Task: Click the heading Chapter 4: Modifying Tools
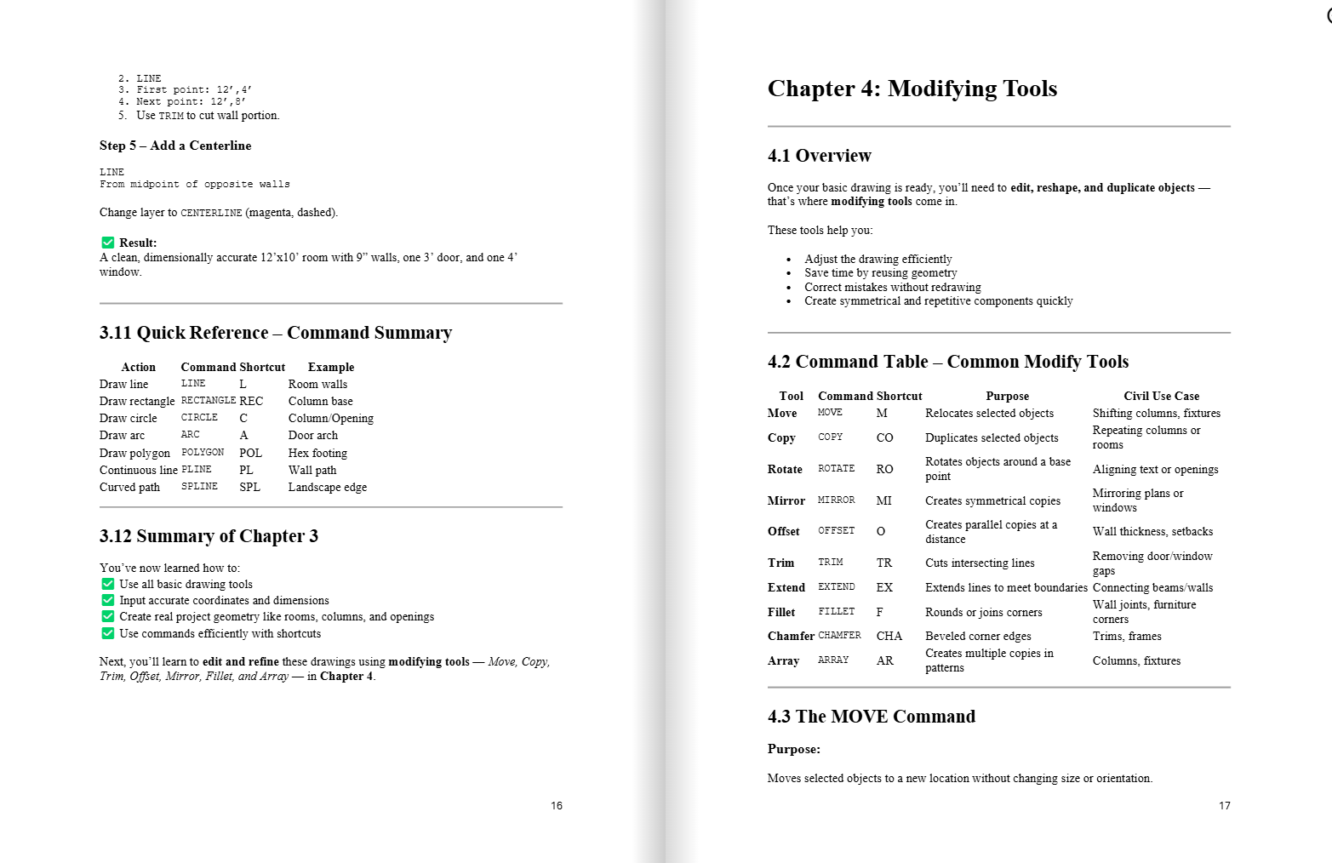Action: (912, 89)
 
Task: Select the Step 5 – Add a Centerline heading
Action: (175, 146)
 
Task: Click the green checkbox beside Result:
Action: (108, 243)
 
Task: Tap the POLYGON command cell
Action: (203, 453)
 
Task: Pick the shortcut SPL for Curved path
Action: (249, 487)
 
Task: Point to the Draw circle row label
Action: (129, 418)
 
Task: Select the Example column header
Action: (331, 367)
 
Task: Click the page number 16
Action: (557, 805)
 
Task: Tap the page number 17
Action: (1224, 805)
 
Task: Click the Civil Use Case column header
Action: (1161, 396)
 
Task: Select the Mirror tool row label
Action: (786, 500)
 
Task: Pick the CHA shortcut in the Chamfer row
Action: (889, 636)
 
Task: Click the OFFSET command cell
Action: (836, 531)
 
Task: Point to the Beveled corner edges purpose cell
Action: (978, 636)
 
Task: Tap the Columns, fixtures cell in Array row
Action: (1136, 660)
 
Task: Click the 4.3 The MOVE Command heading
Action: (872, 717)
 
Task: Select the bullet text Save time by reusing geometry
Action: (881, 272)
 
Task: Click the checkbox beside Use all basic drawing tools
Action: (108, 584)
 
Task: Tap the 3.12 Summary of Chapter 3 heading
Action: (209, 536)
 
